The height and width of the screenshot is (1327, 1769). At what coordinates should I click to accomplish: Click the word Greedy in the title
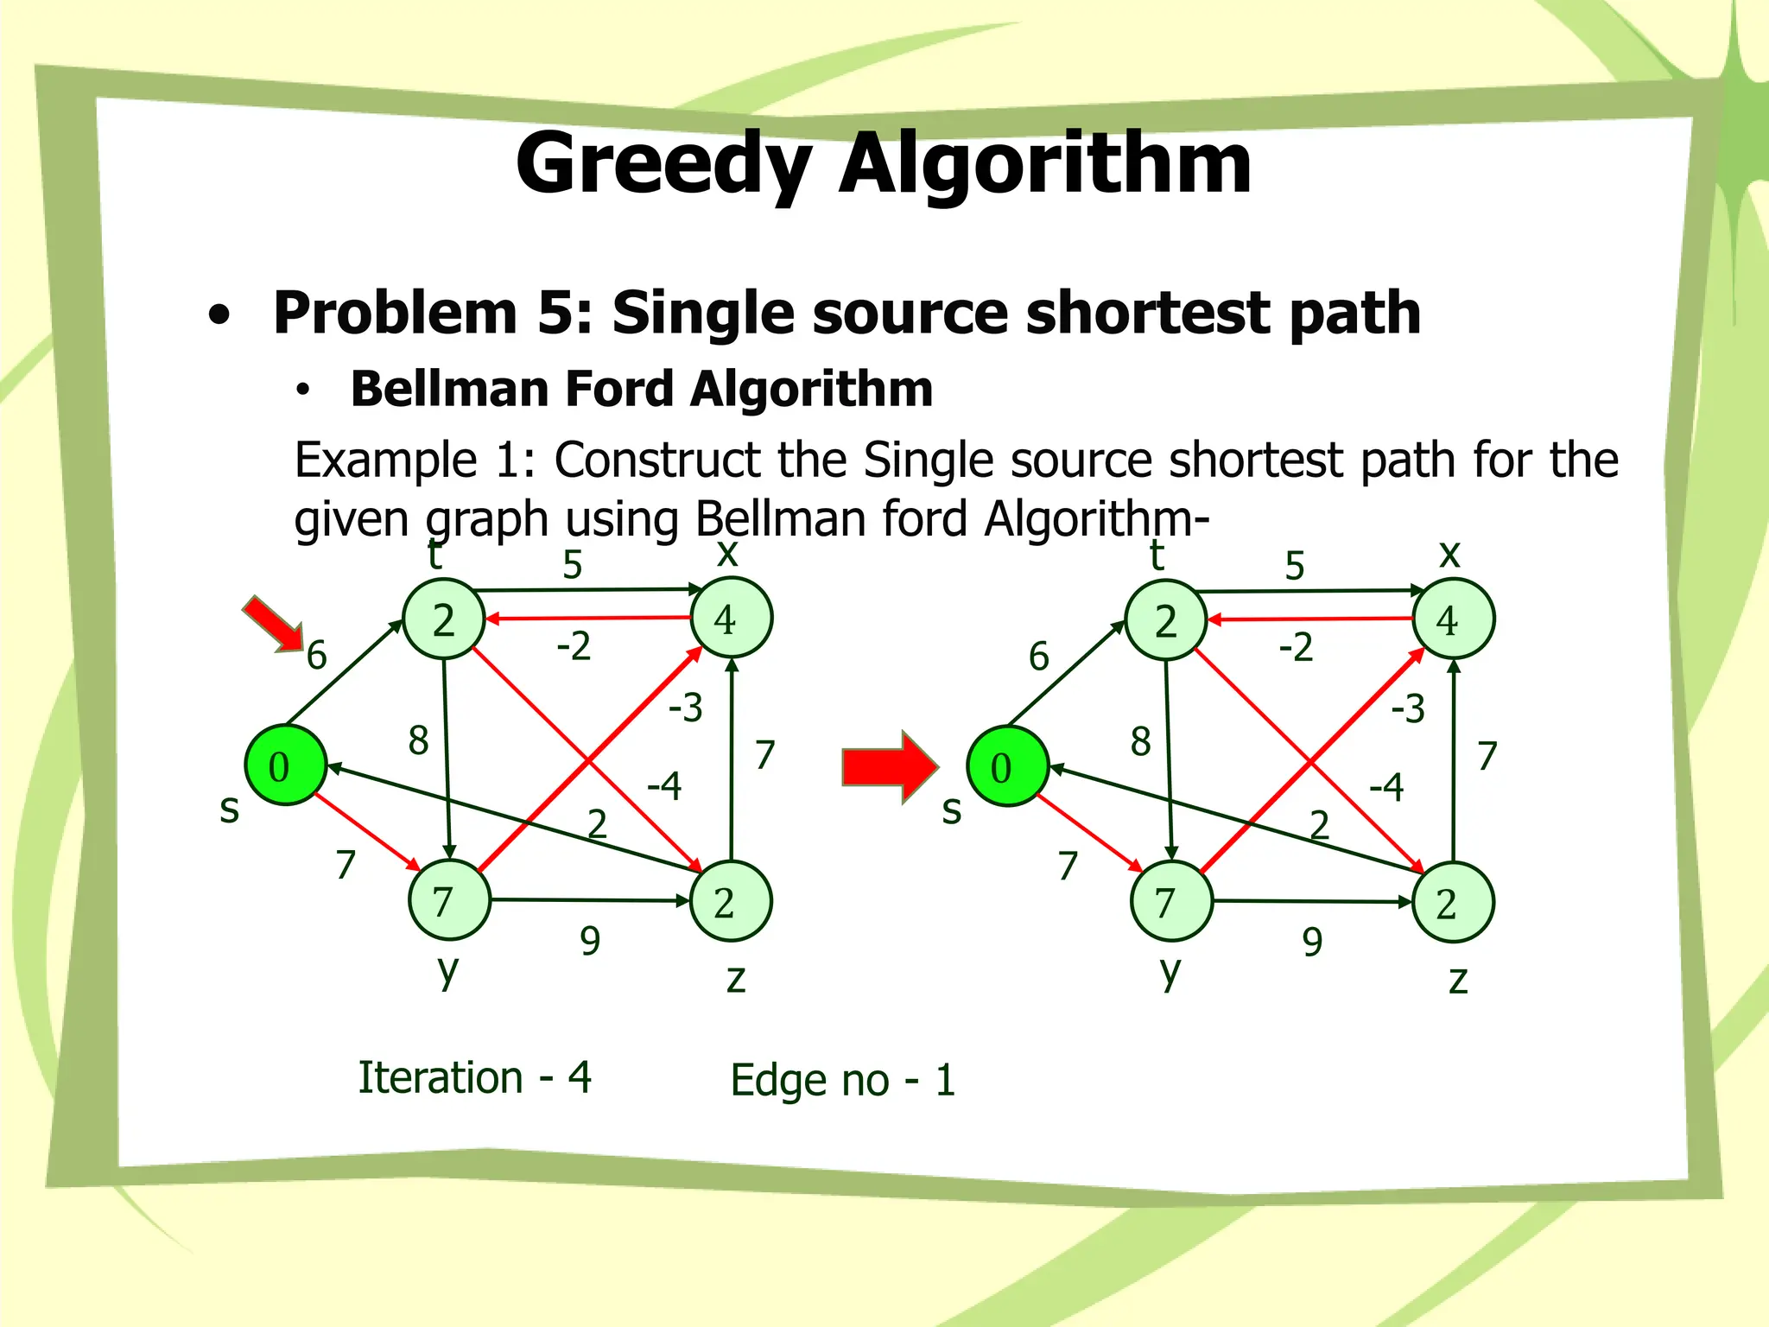coord(663,164)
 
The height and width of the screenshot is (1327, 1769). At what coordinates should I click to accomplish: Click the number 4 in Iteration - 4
coord(580,1077)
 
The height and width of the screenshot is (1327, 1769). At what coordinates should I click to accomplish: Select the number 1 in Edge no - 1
coord(945,1080)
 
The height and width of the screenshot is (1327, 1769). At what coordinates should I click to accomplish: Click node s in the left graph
coord(285,766)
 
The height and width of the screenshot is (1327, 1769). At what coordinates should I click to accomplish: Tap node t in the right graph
coord(1166,621)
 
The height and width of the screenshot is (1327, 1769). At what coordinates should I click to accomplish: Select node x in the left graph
coord(732,619)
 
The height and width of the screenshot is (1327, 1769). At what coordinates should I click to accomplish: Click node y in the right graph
coord(1171,902)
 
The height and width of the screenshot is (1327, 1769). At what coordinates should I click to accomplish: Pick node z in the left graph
coord(731,902)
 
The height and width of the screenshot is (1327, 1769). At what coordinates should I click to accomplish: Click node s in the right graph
coord(1007,767)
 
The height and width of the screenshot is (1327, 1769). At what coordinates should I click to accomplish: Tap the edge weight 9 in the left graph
coord(590,941)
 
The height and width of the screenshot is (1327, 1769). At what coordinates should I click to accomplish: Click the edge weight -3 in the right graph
coord(1408,709)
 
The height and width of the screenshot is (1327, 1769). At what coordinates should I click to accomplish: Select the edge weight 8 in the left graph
coord(419,740)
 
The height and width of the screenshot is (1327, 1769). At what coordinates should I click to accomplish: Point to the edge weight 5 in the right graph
coord(1294,567)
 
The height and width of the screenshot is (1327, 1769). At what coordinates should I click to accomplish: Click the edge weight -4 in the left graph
coord(664,786)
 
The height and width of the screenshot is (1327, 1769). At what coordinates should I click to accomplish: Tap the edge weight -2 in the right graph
coord(1296,647)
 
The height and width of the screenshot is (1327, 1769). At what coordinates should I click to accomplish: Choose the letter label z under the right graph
coord(1458,981)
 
